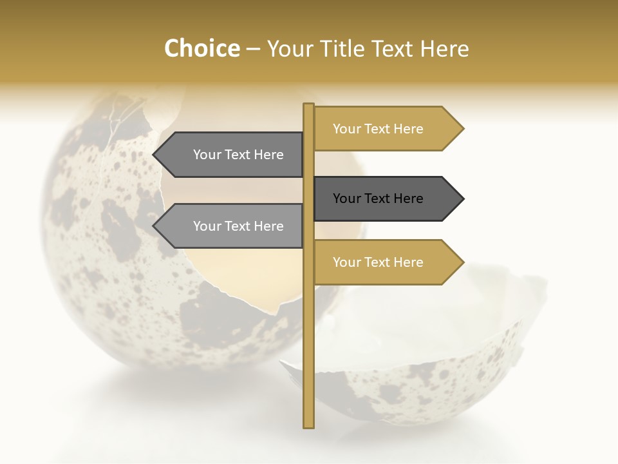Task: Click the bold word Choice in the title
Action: [201, 48]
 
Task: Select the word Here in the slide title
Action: [444, 49]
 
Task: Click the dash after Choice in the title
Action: [253, 49]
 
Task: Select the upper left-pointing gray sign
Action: [232, 155]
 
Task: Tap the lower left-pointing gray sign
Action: [232, 226]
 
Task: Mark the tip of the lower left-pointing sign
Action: [154, 226]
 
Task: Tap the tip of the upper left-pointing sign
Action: [154, 155]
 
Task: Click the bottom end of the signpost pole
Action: [308, 425]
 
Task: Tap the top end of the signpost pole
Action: [308, 106]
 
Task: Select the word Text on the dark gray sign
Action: [379, 198]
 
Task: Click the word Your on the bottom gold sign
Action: [347, 262]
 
